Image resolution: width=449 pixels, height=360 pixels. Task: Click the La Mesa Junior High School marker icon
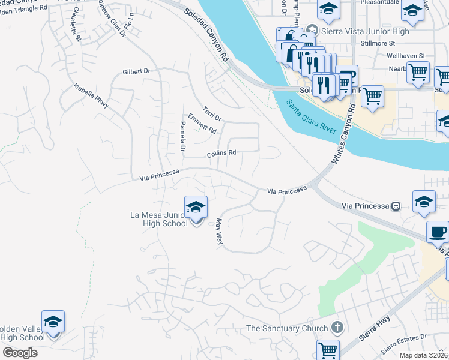pos(196,208)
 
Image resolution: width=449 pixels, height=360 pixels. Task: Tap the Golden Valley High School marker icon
pos(53,323)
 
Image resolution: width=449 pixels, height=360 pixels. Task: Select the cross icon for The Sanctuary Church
pos(337,328)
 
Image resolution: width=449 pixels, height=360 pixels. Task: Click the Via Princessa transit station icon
pos(396,206)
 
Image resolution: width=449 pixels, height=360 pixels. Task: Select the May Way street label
pos(218,230)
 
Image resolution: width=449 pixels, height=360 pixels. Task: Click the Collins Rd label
pos(221,153)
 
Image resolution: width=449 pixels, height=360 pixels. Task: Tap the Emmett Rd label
pos(202,124)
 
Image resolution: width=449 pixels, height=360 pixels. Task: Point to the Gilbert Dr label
pos(136,71)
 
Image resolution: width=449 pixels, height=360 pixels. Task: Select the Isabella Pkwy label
pos(92,95)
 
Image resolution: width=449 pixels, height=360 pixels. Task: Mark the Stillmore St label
pos(377,43)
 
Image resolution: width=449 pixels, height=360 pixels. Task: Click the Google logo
pos(20,352)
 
